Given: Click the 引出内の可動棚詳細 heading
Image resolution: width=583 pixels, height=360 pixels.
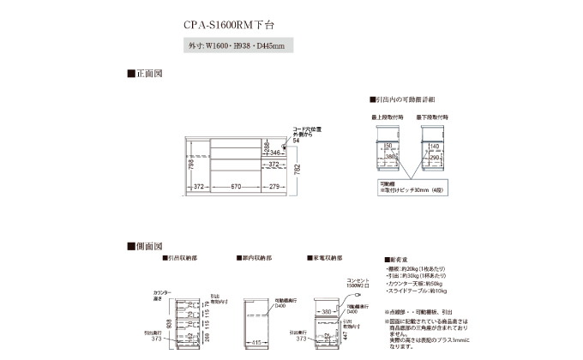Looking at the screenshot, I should (x=403, y=99).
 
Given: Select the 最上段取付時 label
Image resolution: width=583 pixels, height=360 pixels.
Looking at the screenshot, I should (x=386, y=114).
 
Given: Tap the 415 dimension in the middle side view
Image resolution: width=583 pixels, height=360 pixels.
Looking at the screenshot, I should (x=257, y=343).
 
